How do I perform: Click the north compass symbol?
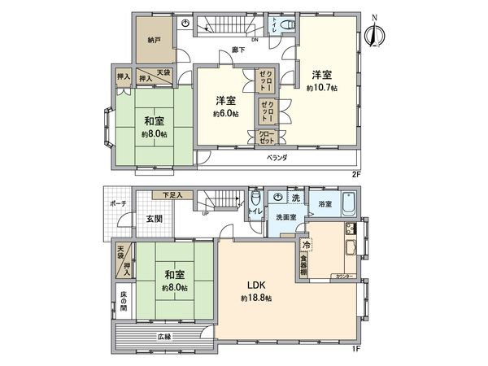375,34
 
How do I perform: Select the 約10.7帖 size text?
323,87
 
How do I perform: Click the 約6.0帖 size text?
225,113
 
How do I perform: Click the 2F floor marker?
355,173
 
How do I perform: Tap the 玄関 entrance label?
155,218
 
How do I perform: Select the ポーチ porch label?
116,203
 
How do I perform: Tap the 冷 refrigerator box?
306,245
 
